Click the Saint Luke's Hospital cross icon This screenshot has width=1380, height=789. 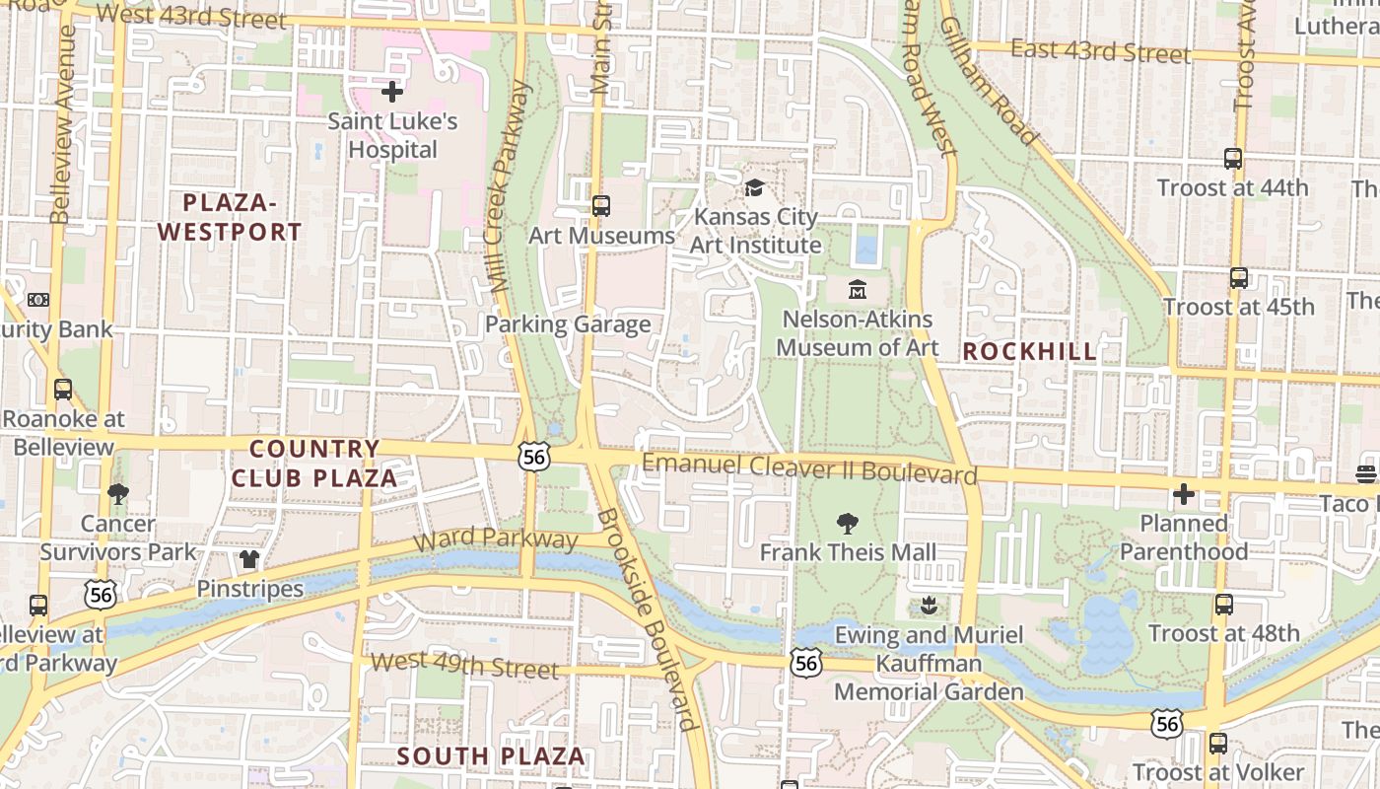[392, 93]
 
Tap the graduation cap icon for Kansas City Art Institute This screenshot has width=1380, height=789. [754, 187]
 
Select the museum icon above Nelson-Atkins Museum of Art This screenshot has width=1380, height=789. [857, 290]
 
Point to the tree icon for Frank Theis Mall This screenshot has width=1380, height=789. [847, 524]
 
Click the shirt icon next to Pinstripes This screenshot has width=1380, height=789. [248, 560]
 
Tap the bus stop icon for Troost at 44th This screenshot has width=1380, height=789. [1232, 158]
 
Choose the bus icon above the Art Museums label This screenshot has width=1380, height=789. [600, 206]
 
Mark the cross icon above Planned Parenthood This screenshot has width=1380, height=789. [1183, 494]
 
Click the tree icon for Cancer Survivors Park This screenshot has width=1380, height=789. [118, 494]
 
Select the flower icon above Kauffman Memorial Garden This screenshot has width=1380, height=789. [928, 605]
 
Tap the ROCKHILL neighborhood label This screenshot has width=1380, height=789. [1029, 352]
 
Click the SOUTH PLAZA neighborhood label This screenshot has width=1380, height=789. [491, 756]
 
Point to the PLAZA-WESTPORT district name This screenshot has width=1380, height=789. [229, 218]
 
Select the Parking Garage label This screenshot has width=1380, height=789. [568, 324]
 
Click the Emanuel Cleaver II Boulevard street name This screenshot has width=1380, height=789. [808, 468]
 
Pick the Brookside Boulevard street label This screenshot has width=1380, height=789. [649, 619]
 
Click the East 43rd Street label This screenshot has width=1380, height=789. [1100, 50]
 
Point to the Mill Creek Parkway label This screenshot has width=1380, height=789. [510, 187]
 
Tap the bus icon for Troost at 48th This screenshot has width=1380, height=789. [1223, 605]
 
